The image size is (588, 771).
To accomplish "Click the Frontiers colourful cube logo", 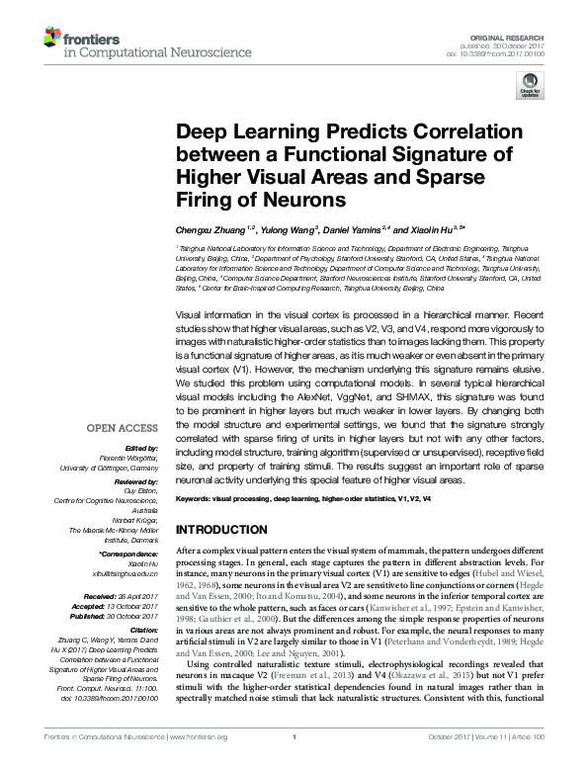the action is click(51, 40).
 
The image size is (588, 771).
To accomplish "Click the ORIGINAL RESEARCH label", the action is click(517, 36).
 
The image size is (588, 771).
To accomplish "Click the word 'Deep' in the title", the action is click(202, 133).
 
